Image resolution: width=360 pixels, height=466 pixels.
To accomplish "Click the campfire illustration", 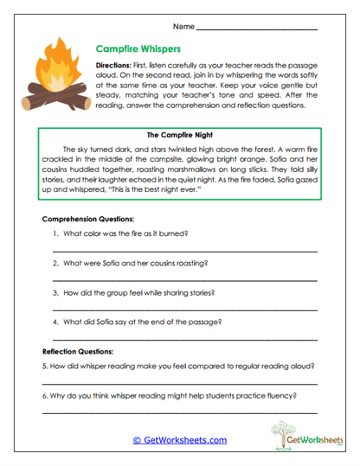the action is [x=60, y=79].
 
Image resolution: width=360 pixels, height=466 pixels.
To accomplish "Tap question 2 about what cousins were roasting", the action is [x=136, y=263].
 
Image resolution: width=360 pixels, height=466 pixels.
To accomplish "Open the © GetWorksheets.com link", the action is [x=179, y=439].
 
